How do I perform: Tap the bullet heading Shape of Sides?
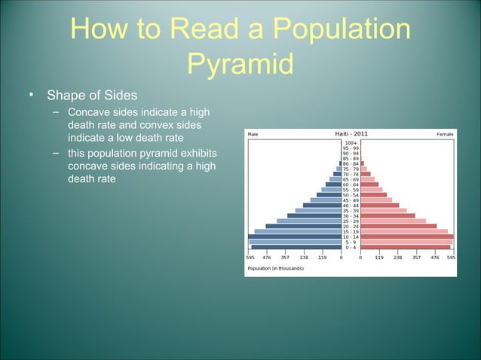point(92,96)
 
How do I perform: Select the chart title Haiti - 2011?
point(351,135)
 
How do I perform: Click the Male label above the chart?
point(253,136)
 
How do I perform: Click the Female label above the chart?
point(445,136)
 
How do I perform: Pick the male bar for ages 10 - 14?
point(295,236)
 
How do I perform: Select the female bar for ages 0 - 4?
point(405,247)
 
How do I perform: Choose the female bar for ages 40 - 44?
point(379,205)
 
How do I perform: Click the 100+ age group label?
point(351,143)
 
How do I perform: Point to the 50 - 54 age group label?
point(351,194)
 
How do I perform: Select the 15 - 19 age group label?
point(351,231)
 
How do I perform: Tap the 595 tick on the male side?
point(250,257)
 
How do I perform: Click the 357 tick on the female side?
point(415,257)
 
